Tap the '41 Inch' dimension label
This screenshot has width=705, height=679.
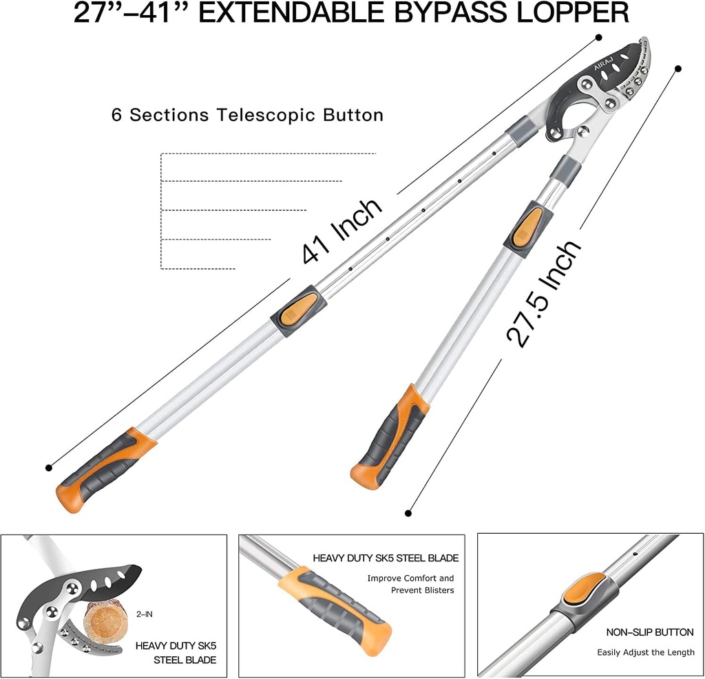click(342, 231)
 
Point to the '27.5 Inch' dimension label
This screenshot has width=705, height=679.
click(544, 294)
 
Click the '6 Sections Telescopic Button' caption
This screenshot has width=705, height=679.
click(247, 115)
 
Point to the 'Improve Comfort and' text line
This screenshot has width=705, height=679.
click(410, 579)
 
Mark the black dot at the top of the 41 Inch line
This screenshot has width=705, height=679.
click(599, 37)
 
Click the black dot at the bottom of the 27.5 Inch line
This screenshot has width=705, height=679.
click(408, 513)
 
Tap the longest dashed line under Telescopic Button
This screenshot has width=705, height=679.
click(269, 153)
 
